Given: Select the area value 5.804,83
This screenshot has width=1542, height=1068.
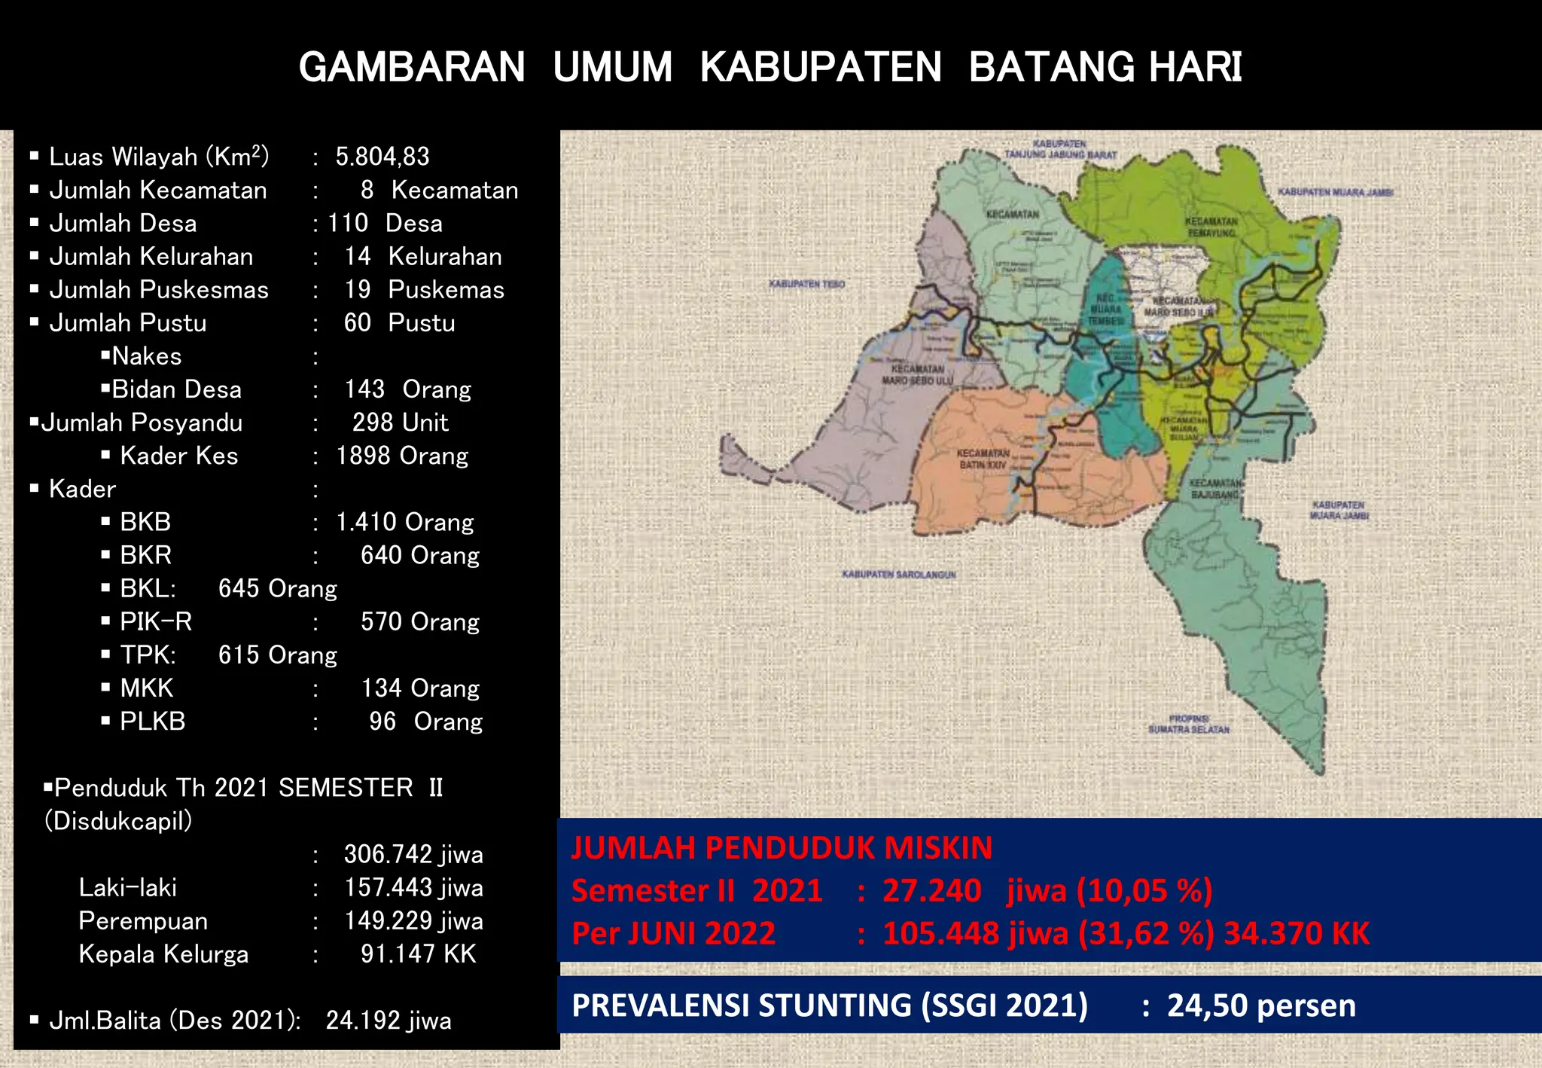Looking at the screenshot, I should coord(382,157).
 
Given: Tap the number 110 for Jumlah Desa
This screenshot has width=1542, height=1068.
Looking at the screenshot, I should coord(348,224).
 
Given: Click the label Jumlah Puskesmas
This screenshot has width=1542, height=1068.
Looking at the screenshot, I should coord(159,290).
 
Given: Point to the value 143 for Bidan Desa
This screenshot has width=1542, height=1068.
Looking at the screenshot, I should coord(364,389).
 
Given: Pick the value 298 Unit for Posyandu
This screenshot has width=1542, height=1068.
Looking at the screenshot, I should coord(400,423).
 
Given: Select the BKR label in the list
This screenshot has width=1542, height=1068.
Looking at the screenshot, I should coord(146,556).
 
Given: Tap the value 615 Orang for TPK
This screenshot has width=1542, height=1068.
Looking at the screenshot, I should coord(278,655).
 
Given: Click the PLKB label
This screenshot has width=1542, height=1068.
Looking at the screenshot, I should coord(153,722).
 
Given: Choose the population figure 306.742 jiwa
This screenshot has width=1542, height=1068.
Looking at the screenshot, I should coord(413,855).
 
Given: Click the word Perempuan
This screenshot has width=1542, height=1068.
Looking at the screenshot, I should coord(143,921).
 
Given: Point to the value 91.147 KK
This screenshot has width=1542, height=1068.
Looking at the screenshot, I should coord(418,954).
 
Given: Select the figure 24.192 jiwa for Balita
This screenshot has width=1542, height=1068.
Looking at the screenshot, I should coord(389,1021).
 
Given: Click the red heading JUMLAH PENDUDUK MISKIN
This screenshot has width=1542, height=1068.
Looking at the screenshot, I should coord(782,848).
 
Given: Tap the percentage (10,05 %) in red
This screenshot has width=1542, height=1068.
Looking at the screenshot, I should coord(1144,891).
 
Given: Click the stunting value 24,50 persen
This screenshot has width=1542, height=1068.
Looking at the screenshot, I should coord(1261,1006).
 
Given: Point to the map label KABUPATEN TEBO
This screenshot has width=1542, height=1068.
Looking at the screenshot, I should coord(806,284).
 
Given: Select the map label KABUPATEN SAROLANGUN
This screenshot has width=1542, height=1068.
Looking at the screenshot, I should coord(898,575).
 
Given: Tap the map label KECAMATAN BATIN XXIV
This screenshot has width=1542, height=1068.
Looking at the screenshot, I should coord(983,459).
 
